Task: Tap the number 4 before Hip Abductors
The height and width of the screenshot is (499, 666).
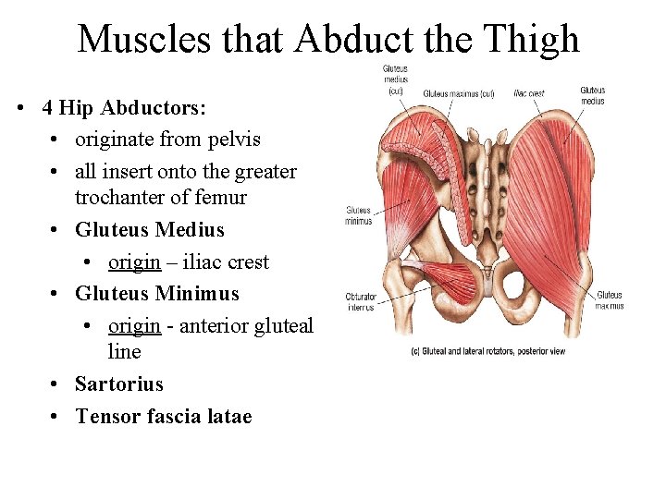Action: point(47,108)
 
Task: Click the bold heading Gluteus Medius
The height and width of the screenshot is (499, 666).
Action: point(149,229)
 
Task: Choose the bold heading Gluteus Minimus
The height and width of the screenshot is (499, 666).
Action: point(156,294)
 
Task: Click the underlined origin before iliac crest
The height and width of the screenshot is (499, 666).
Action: point(134,262)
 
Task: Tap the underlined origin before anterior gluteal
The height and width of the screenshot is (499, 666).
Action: point(134,326)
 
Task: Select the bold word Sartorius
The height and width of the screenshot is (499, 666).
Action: point(118,384)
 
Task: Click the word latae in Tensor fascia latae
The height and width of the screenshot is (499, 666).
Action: point(228,416)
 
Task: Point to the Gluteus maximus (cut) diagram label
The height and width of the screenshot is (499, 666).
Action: point(459,93)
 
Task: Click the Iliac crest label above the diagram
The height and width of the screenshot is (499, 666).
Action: point(529,93)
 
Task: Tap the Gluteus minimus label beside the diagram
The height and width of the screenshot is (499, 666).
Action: point(358,215)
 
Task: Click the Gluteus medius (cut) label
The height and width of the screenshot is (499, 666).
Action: point(395,79)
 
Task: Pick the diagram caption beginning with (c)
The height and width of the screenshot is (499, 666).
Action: point(487,352)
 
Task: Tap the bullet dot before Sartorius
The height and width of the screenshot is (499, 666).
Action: point(56,384)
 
